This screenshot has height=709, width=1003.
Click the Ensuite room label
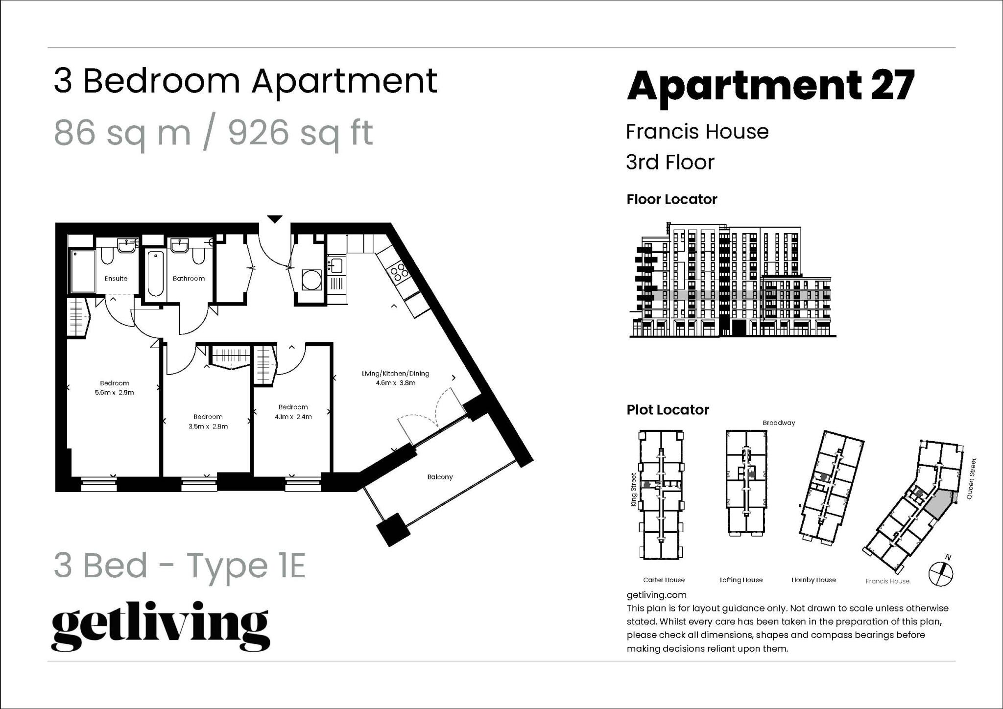(x=116, y=279)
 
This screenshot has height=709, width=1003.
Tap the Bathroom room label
(x=189, y=279)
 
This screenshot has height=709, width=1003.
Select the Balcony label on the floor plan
(x=440, y=477)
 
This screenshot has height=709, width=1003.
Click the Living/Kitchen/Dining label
(x=395, y=374)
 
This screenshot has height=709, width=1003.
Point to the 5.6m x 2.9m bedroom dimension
(x=115, y=393)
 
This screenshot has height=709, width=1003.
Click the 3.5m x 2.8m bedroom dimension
(x=208, y=426)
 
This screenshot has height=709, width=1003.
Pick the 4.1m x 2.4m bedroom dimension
(x=293, y=417)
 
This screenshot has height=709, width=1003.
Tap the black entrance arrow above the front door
(x=275, y=219)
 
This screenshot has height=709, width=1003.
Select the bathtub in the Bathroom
(x=155, y=274)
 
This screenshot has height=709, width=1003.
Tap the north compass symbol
(x=941, y=573)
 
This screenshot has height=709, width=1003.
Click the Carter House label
(x=664, y=580)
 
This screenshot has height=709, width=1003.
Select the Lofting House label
(x=741, y=580)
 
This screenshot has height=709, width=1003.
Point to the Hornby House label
(x=813, y=580)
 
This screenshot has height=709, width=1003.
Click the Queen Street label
(x=971, y=479)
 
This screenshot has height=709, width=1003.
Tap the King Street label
(x=634, y=490)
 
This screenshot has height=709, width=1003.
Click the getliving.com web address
(x=656, y=595)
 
